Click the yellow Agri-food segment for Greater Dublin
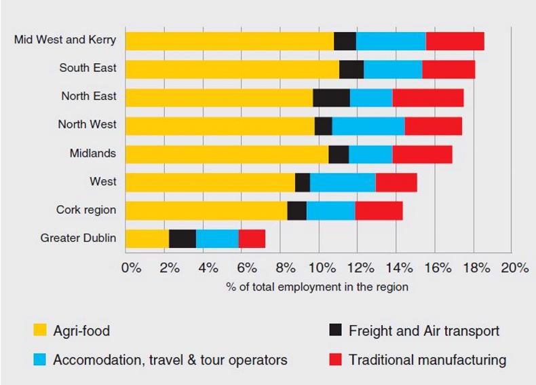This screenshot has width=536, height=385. tap(147, 238)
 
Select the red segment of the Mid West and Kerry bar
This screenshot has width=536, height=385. tap(455, 41)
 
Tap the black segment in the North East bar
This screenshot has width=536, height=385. tap(331, 97)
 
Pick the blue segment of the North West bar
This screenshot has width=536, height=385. tap(368, 126)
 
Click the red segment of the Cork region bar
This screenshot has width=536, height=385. tap(379, 210)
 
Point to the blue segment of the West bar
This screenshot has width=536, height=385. tap(343, 182)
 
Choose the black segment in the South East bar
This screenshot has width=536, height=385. tap(351, 69)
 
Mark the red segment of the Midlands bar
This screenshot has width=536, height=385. tap(422, 154)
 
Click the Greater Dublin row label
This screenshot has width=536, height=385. tap(78, 238)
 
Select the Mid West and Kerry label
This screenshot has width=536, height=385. tap(65, 40)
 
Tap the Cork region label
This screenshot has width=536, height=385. tap(86, 210)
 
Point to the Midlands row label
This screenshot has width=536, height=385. tap(92, 153)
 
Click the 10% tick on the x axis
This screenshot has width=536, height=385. tap(324, 268)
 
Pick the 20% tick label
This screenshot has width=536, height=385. tap(515, 268)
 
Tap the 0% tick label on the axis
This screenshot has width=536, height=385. tap(131, 268)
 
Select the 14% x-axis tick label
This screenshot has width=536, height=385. tap(400, 268)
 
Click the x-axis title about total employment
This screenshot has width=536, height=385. tap(318, 287)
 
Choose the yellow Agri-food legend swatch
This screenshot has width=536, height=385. tap(40, 331)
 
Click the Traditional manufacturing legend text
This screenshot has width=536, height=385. tap(427, 359)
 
